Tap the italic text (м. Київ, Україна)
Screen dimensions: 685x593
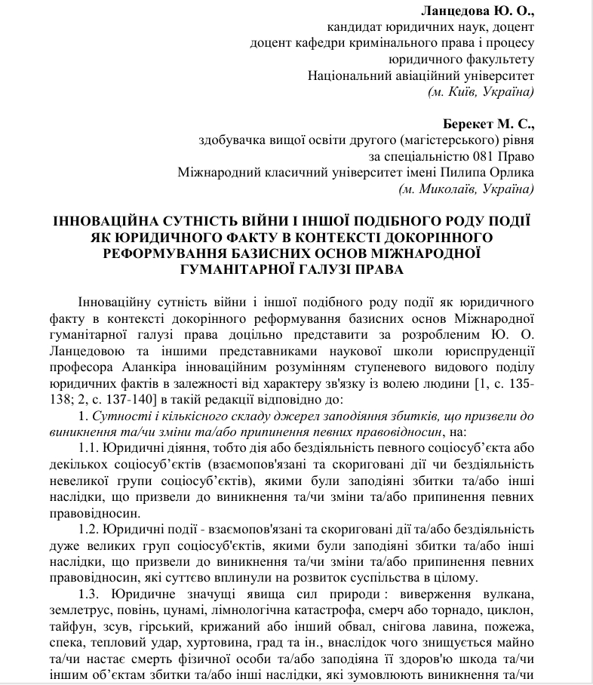[481, 92]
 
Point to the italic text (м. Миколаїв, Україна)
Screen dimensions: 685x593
[466, 189]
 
